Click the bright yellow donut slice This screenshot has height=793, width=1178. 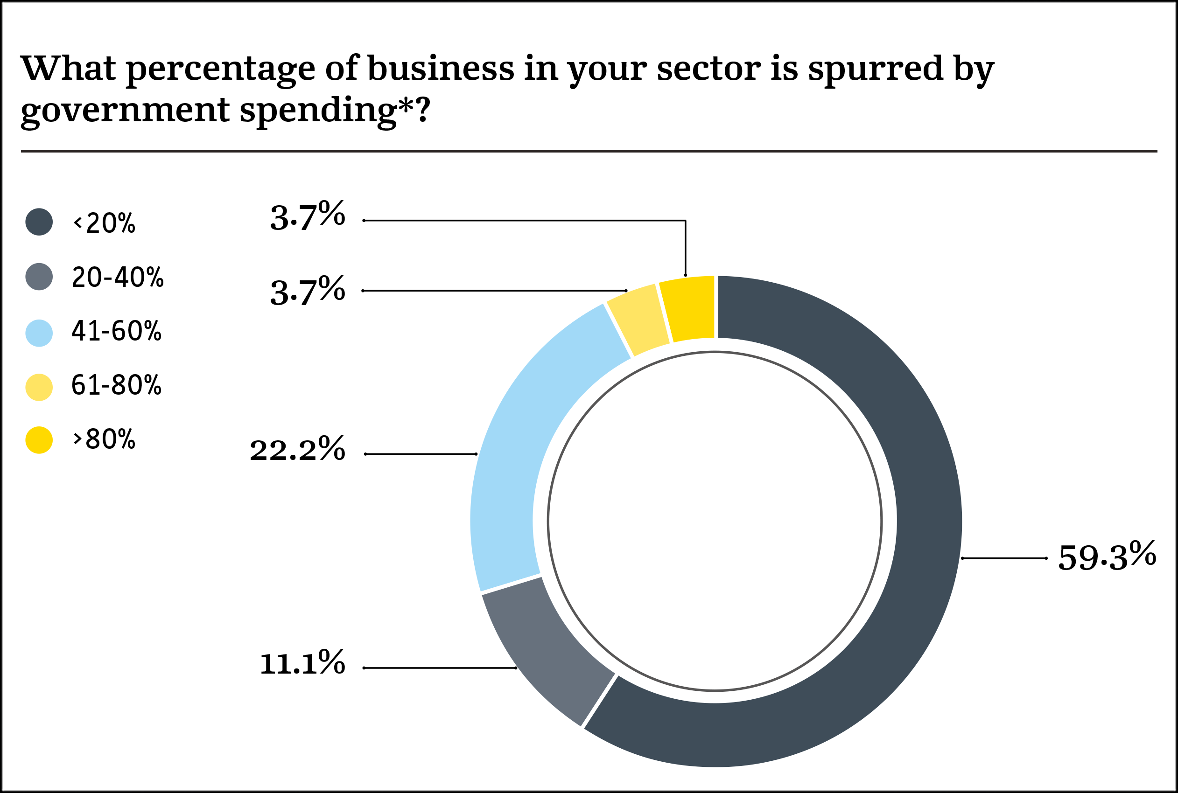tap(688, 308)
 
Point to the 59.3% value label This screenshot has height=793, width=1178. tap(1107, 558)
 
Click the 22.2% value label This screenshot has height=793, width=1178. tap(298, 450)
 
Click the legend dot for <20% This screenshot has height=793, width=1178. tap(39, 222)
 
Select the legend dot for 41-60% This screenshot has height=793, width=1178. tap(39, 333)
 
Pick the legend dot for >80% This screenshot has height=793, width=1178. tap(39, 440)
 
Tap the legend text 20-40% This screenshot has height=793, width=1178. tap(118, 277)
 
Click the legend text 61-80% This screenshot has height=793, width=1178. tap(116, 385)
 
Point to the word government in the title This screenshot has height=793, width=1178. tap(125, 110)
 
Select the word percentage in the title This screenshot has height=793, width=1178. tap(220, 70)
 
